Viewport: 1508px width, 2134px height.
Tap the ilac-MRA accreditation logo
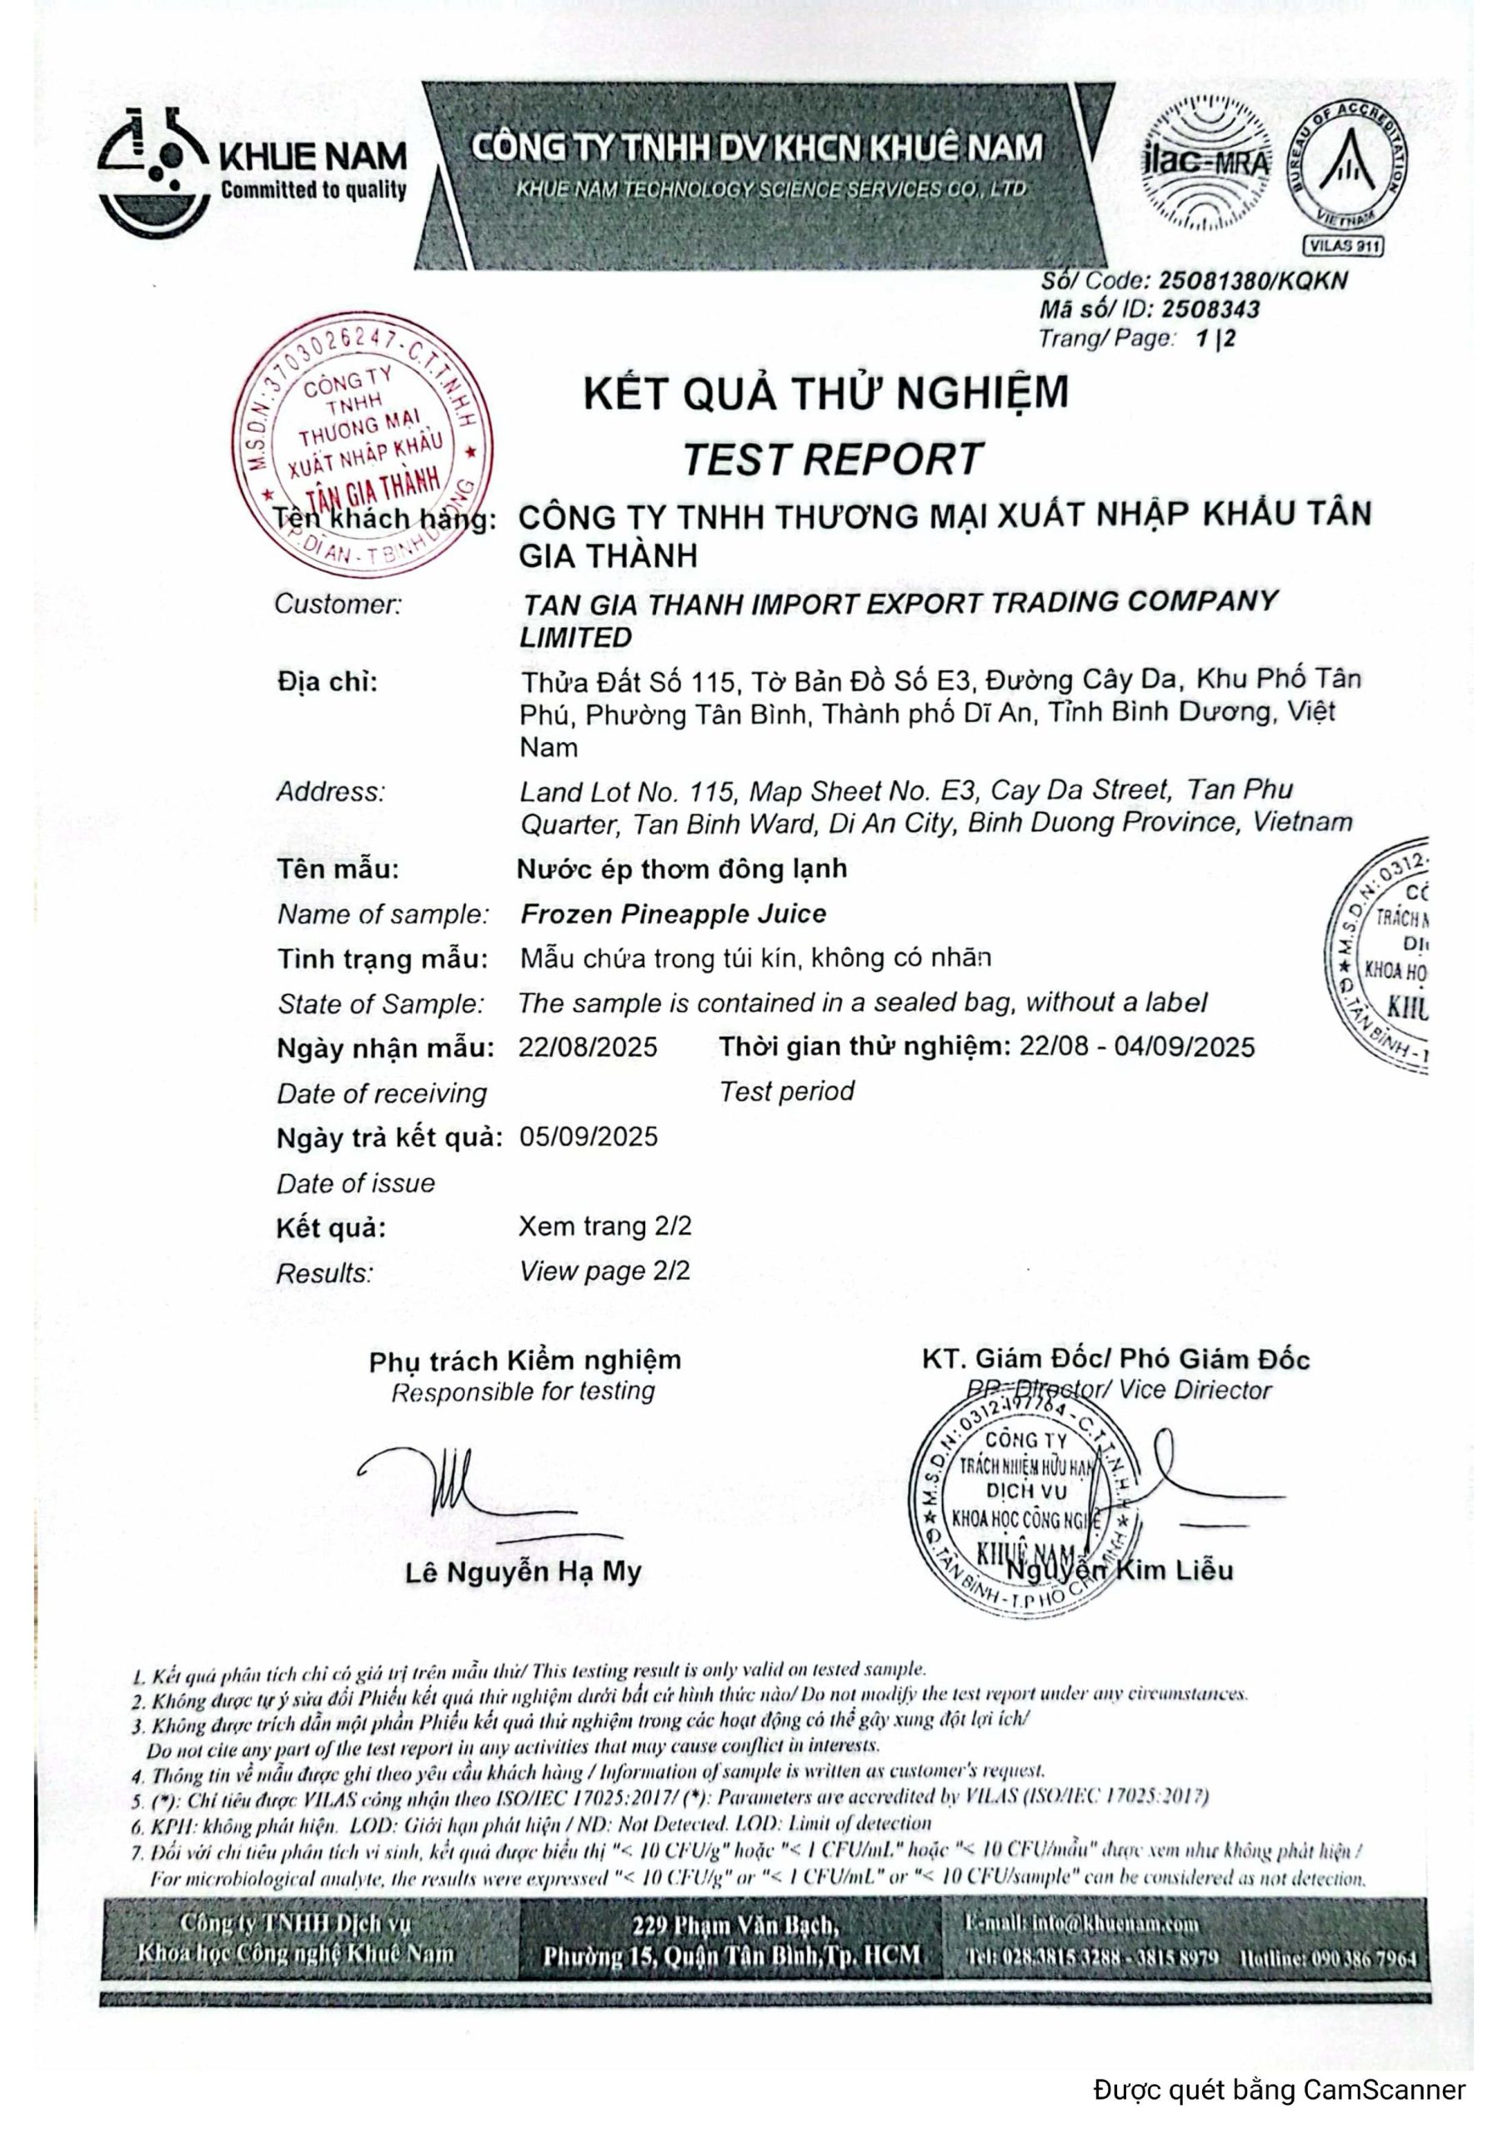(1206, 163)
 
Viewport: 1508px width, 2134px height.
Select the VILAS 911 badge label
(1344, 245)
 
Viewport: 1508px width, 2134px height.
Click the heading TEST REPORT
(832, 459)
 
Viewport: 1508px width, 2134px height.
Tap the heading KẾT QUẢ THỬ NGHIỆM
(825, 393)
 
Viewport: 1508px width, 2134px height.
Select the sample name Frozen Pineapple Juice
(673, 914)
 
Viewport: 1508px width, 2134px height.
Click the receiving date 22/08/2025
(588, 1048)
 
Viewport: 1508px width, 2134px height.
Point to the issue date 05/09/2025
(588, 1137)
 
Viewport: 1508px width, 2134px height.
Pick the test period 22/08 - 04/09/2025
(1136, 1048)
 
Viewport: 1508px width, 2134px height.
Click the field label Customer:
(338, 604)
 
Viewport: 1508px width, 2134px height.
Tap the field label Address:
(330, 792)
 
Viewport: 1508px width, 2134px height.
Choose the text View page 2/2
(604, 1270)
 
